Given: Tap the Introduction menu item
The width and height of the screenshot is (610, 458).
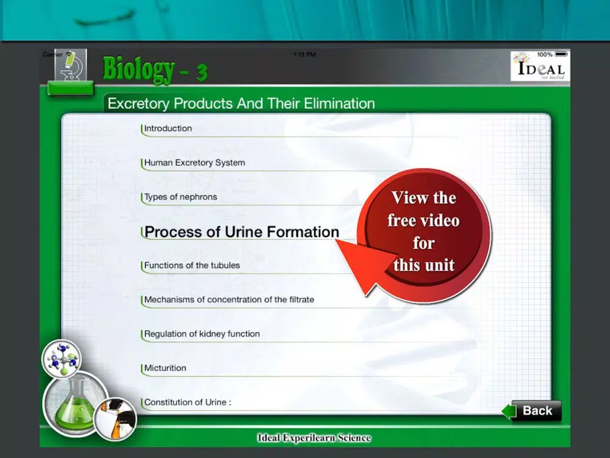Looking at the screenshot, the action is (x=168, y=128).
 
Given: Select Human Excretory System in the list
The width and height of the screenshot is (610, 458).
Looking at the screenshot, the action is (x=195, y=162).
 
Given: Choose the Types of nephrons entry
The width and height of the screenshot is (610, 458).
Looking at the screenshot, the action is (x=181, y=197).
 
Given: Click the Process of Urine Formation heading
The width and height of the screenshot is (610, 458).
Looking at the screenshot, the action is (x=242, y=231).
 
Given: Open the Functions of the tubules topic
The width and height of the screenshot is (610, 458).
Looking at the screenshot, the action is (x=192, y=265).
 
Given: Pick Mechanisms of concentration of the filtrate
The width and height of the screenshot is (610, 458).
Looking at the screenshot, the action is (x=229, y=299).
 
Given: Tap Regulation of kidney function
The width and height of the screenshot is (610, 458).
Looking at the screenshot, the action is (x=202, y=334).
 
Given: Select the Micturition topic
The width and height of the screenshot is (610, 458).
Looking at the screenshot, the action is (x=165, y=368).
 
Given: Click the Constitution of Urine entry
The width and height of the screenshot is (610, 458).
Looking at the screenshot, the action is (x=187, y=402).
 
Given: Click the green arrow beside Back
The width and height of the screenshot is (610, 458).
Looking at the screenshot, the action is (x=509, y=411).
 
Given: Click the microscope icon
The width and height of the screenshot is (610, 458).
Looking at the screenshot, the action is (x=70, y=65).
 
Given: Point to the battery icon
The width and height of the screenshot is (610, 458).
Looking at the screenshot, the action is (x=561, y=54).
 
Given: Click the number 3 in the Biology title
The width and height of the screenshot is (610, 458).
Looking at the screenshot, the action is (x=201, y=73).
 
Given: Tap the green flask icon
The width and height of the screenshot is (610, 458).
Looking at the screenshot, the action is (x=75, y=404).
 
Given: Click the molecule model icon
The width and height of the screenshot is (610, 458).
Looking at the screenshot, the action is (x=62, y=358).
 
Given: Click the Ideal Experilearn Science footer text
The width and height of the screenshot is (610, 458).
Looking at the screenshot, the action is (x=314, y=438).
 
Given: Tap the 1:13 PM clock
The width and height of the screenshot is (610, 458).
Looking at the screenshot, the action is (x=304, y=54).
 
